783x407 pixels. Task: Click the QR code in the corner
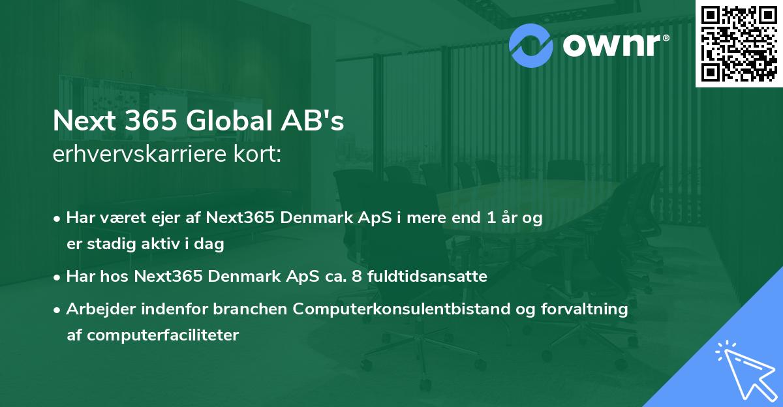tap(739, 43)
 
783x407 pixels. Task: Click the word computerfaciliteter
tap(153, 335)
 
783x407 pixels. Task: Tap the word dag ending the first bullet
tap(211, 245)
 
